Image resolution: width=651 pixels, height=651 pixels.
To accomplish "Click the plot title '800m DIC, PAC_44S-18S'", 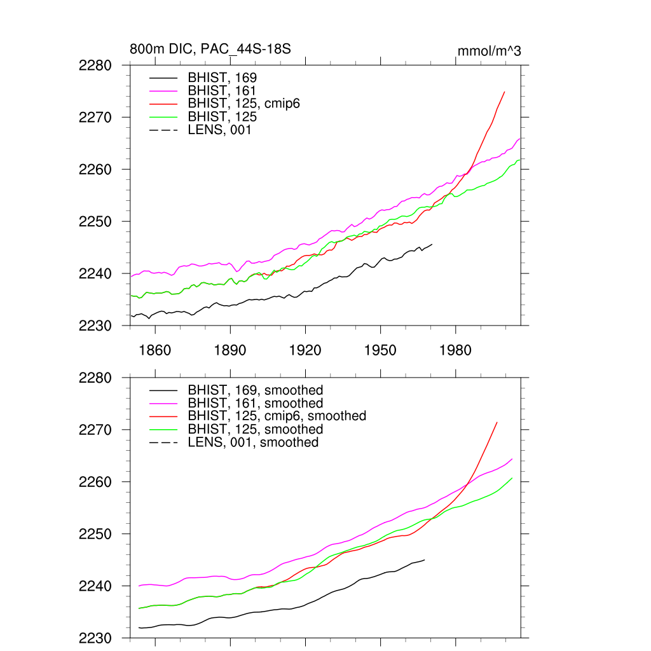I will tap(210, 49).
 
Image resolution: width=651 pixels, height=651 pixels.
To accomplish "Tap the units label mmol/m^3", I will tap(489, 51).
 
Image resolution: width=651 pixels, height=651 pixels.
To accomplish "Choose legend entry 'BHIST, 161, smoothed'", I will tap(255, 403).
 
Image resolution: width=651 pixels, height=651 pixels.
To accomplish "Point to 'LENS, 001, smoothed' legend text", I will tap(253, 442).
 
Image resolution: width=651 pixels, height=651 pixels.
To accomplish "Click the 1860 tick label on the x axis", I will tap(155, 350).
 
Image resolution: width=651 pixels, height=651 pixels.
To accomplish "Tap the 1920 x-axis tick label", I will tap(305, 350).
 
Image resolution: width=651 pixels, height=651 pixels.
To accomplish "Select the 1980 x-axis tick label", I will tap(455, 350).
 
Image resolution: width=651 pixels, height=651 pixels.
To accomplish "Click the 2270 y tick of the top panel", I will tap(96, 118).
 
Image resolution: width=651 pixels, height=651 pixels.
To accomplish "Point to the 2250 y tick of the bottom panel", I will tap(96, 534).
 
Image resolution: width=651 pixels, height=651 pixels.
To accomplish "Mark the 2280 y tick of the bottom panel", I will tap(96, 378).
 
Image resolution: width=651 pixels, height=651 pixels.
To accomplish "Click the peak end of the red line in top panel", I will tap(504, 92).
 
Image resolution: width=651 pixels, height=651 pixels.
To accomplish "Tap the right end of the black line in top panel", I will tap(432, 244).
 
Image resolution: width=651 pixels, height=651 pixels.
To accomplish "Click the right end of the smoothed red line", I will tap(497, 422).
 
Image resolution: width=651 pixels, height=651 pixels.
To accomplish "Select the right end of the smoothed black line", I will tap(425, 559).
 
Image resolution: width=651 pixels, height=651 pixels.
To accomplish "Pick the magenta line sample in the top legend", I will tap(163, 91).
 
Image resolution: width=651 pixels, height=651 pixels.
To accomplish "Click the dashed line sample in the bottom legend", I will tap(163, 442).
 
